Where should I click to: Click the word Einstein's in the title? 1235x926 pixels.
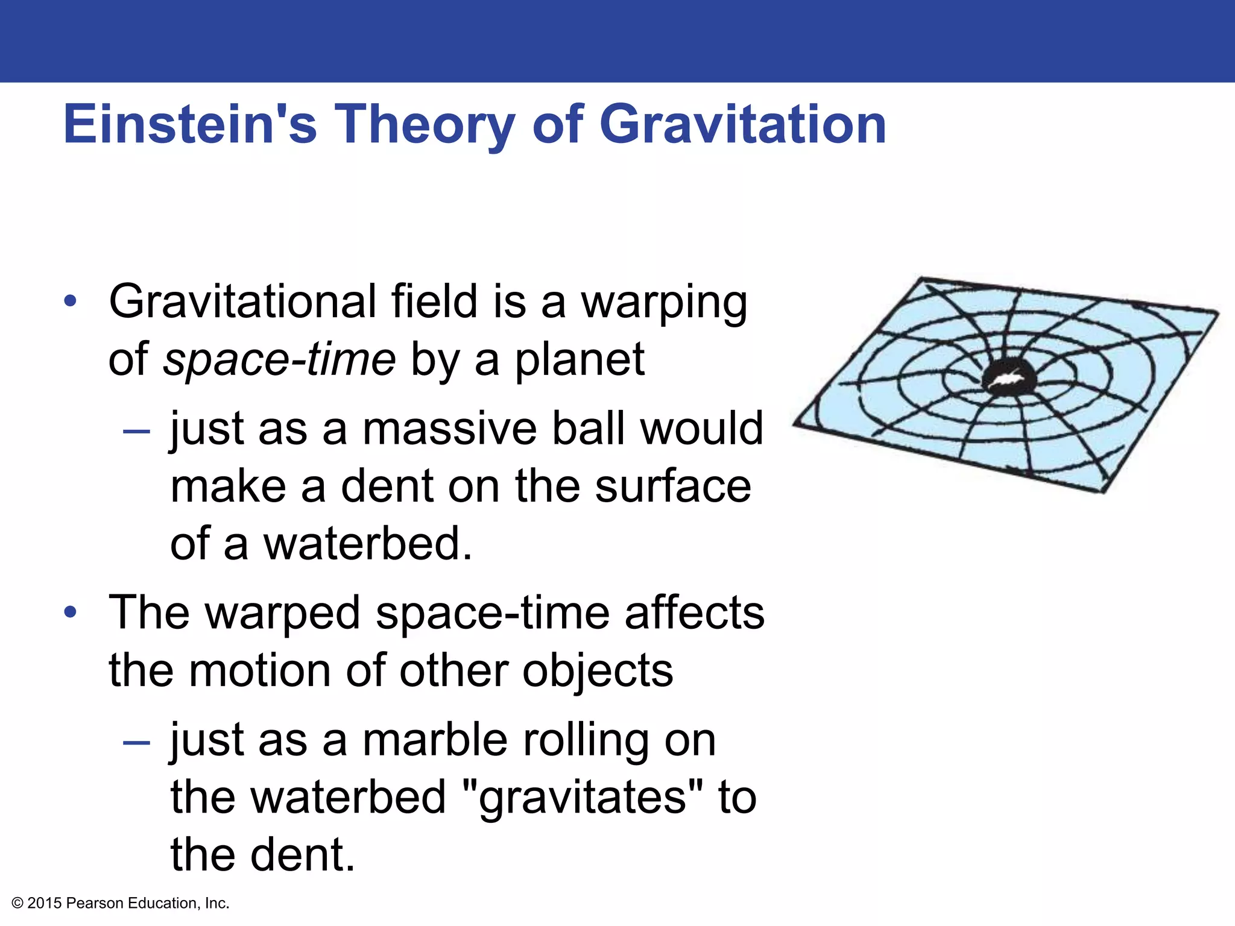[190, 124]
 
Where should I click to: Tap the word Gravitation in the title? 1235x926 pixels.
[742, 124]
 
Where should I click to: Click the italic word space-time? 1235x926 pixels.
[279, 360]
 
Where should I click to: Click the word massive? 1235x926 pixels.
[449, 429]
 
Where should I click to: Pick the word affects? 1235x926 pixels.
[694, 613]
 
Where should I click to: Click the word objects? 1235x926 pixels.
[597, 672]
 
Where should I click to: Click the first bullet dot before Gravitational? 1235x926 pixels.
[71, 301]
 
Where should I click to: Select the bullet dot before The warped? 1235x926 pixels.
[71, 613]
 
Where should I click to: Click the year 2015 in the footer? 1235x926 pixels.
[45, 903]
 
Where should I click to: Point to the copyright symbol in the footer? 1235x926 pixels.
[17, 903]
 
